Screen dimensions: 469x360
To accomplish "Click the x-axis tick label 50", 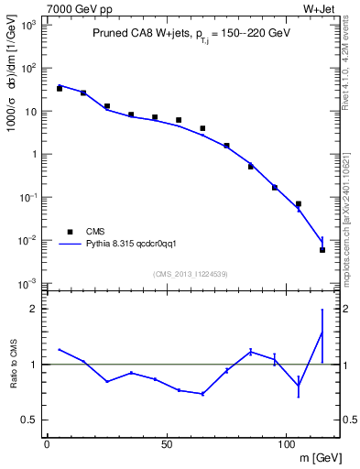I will [167, 444].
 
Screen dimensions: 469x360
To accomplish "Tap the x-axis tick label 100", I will [286, 444].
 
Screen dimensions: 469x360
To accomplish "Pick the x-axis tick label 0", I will [47, 444].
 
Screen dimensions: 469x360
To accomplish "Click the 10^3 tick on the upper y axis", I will [29, 26].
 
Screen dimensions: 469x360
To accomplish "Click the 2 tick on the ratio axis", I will [36, 310].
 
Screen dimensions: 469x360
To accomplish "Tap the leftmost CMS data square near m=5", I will [60, 89].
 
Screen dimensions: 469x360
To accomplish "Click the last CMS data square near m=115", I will [322, 249].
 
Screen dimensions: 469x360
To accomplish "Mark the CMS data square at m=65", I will [202, 128].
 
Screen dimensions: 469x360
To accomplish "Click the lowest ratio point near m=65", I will [202, 394].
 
